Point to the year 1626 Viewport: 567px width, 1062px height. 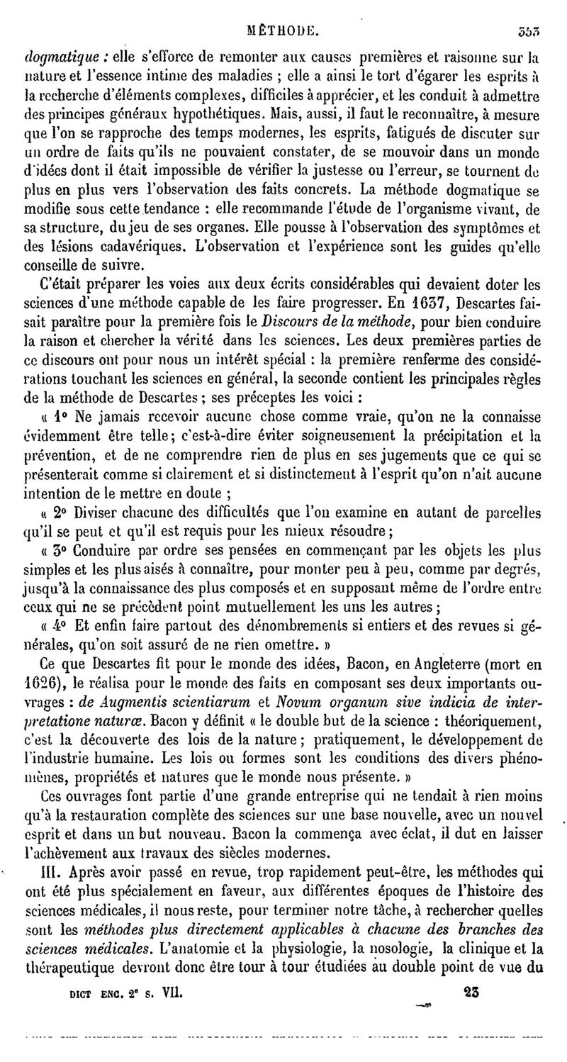pos(40,686)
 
